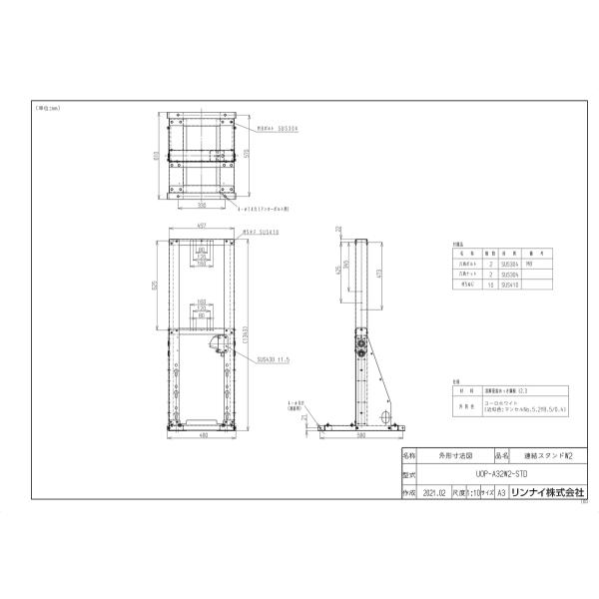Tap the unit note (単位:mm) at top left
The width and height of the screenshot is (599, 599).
[47, 107]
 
